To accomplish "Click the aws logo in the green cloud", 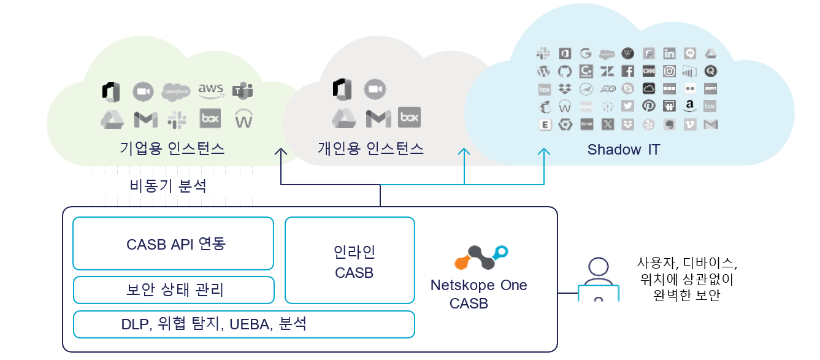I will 210,91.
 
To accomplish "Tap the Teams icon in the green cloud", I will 243,91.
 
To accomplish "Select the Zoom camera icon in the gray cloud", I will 374,90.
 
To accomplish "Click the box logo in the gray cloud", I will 410,117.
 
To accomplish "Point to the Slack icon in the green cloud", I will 177,118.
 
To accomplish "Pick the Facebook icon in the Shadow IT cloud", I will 627,71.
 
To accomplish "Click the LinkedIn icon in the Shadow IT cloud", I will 669,53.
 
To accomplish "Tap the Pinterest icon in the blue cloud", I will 648,106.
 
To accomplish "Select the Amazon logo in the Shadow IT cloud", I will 690,106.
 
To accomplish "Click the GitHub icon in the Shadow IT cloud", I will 565,71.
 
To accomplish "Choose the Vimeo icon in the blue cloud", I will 690,124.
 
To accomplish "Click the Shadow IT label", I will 623,150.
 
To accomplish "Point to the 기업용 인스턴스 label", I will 172,148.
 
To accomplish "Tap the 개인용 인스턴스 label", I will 370,148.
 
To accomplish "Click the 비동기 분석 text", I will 168,186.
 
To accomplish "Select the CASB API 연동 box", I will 173,243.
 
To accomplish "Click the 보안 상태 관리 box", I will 173,289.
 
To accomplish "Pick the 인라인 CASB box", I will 350,260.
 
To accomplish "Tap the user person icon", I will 597,279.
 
